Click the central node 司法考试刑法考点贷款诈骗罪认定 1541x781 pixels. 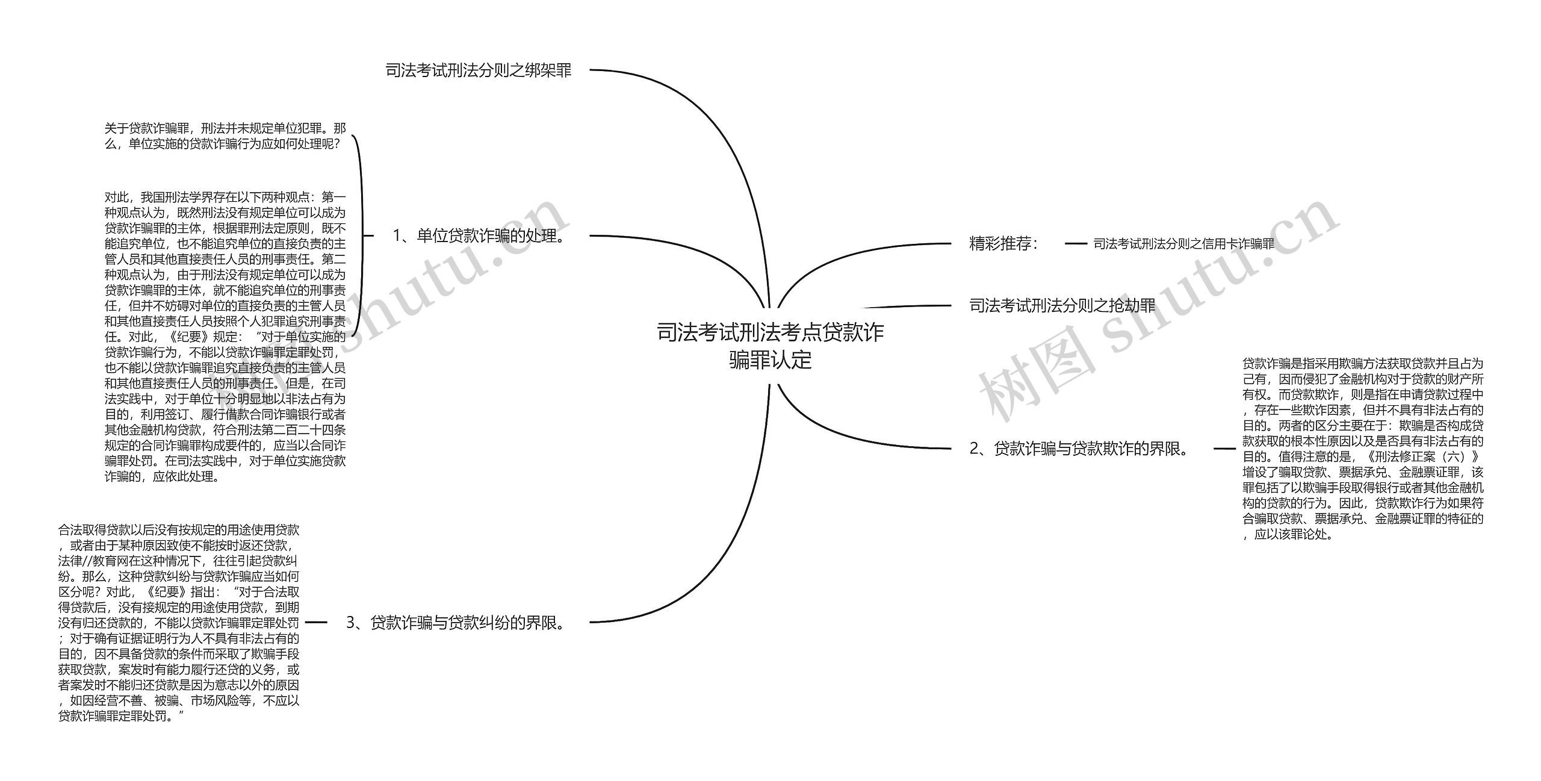click(x=770, y=346)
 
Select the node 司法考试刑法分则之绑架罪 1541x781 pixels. click(x=478, y=70)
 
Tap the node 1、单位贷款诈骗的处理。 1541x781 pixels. click(x=479, y=235)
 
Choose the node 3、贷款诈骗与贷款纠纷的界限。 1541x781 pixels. click(x=456, y=622)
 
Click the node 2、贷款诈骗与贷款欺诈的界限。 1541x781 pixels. click(x=1080, y=449)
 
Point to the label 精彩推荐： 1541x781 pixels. click(x=1003, y=243)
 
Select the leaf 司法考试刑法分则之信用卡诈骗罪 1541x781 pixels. click(x=1183, y=244)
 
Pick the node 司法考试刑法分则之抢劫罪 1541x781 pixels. click(x=1062, y=306)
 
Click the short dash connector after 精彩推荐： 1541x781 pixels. click(x=1076, y=244)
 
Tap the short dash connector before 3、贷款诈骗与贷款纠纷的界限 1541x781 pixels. click(x=316, y=622)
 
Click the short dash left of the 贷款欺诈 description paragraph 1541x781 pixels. click(x=1224, y=449)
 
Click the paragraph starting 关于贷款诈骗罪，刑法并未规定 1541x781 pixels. click(x=225, y=137)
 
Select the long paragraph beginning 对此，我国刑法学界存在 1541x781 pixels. click(x=225, y=337)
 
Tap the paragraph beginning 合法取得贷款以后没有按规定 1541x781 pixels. click(x=179, y=623)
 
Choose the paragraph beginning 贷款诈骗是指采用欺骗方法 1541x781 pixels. click(x=1363, y=449)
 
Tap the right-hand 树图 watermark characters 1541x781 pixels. click(x=1035, y=379)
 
